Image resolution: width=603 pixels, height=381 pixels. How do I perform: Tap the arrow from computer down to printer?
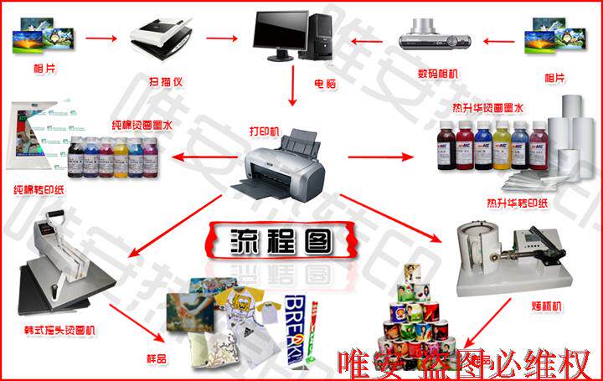(x=292, y=86)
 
